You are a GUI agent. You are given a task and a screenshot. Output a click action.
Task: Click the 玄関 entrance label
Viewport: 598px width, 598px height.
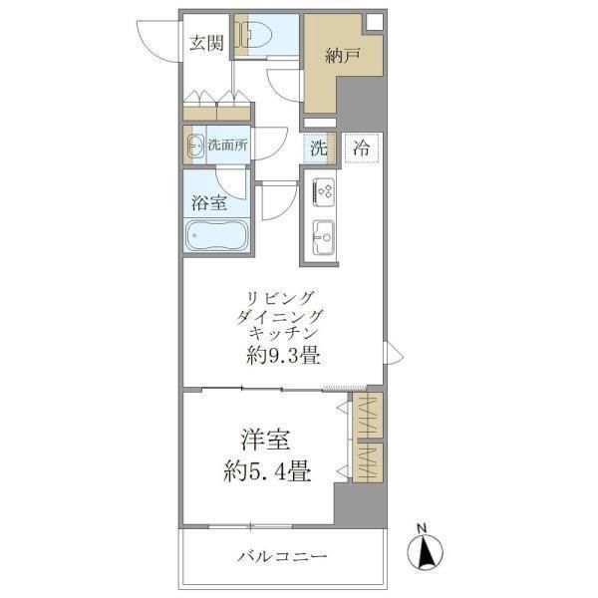[207, 44]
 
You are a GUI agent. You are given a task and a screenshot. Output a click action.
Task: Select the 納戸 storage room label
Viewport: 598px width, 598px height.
[342, 57]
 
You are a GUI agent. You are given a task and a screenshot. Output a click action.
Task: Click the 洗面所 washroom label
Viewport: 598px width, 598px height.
[228, 146]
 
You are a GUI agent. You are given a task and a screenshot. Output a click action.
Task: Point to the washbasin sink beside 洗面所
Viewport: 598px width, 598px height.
[193, 146]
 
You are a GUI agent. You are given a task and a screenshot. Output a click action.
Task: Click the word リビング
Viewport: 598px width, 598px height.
[282, 297]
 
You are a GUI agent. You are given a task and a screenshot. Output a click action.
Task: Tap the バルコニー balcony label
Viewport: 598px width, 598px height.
[282, 555]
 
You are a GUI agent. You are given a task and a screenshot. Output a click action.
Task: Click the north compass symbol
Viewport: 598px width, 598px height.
[426, 548]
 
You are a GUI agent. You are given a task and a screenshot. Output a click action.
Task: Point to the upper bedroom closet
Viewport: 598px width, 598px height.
[367, 412]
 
